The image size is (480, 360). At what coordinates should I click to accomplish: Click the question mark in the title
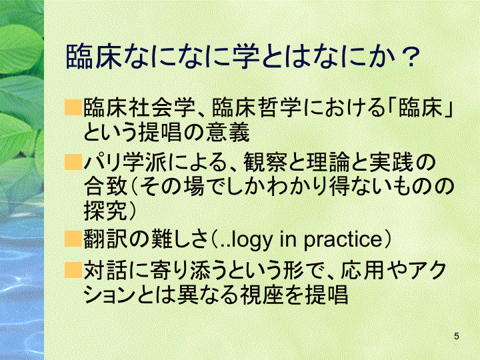coord(409,57)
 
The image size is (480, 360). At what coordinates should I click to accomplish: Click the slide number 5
coord(457,336)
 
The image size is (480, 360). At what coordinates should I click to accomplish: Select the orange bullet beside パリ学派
coord(73,162)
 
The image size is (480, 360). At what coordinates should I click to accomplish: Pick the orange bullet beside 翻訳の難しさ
coord(73,239)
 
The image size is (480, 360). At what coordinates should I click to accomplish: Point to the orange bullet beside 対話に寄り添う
coord(73,270)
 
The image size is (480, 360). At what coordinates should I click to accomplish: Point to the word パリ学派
coord(125,163)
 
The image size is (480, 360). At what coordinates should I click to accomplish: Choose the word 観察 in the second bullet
coord(265,163)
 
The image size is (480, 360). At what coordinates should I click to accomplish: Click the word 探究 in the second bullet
coord(105,211)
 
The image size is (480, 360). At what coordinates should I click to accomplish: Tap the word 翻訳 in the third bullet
coord(105,239)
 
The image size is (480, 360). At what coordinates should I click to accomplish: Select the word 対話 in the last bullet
coord(105,270)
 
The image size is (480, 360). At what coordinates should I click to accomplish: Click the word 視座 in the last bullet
coord(261,295)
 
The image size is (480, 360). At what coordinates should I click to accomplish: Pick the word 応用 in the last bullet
coord(362,270)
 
